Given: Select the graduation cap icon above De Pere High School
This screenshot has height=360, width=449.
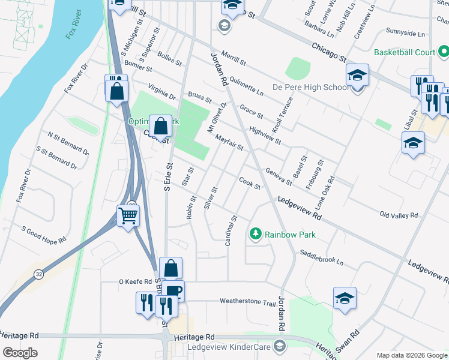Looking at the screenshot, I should pyautogui.click(x=357, y=76).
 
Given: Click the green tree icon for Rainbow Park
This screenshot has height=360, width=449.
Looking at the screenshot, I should pyautogui.click(x=256, y=234).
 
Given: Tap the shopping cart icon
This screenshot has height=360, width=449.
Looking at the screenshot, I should pyautogui.click(x=128, y=215).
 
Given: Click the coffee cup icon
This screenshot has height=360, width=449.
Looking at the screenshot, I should pyautogui.click(x=173, y=292).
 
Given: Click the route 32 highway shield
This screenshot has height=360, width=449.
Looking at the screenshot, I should pyautogui.click(x=39, y=274).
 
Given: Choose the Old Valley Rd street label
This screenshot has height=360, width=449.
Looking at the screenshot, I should pyautogui.click(x=399, y=215).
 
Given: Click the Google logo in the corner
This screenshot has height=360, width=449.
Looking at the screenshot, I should pyautogui.click(x=20, y=353).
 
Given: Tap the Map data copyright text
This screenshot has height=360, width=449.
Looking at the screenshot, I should pyautogui.click(x=412, y=355).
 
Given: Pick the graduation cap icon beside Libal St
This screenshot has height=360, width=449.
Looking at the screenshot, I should pyautogui.click(x=413, y=143).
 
